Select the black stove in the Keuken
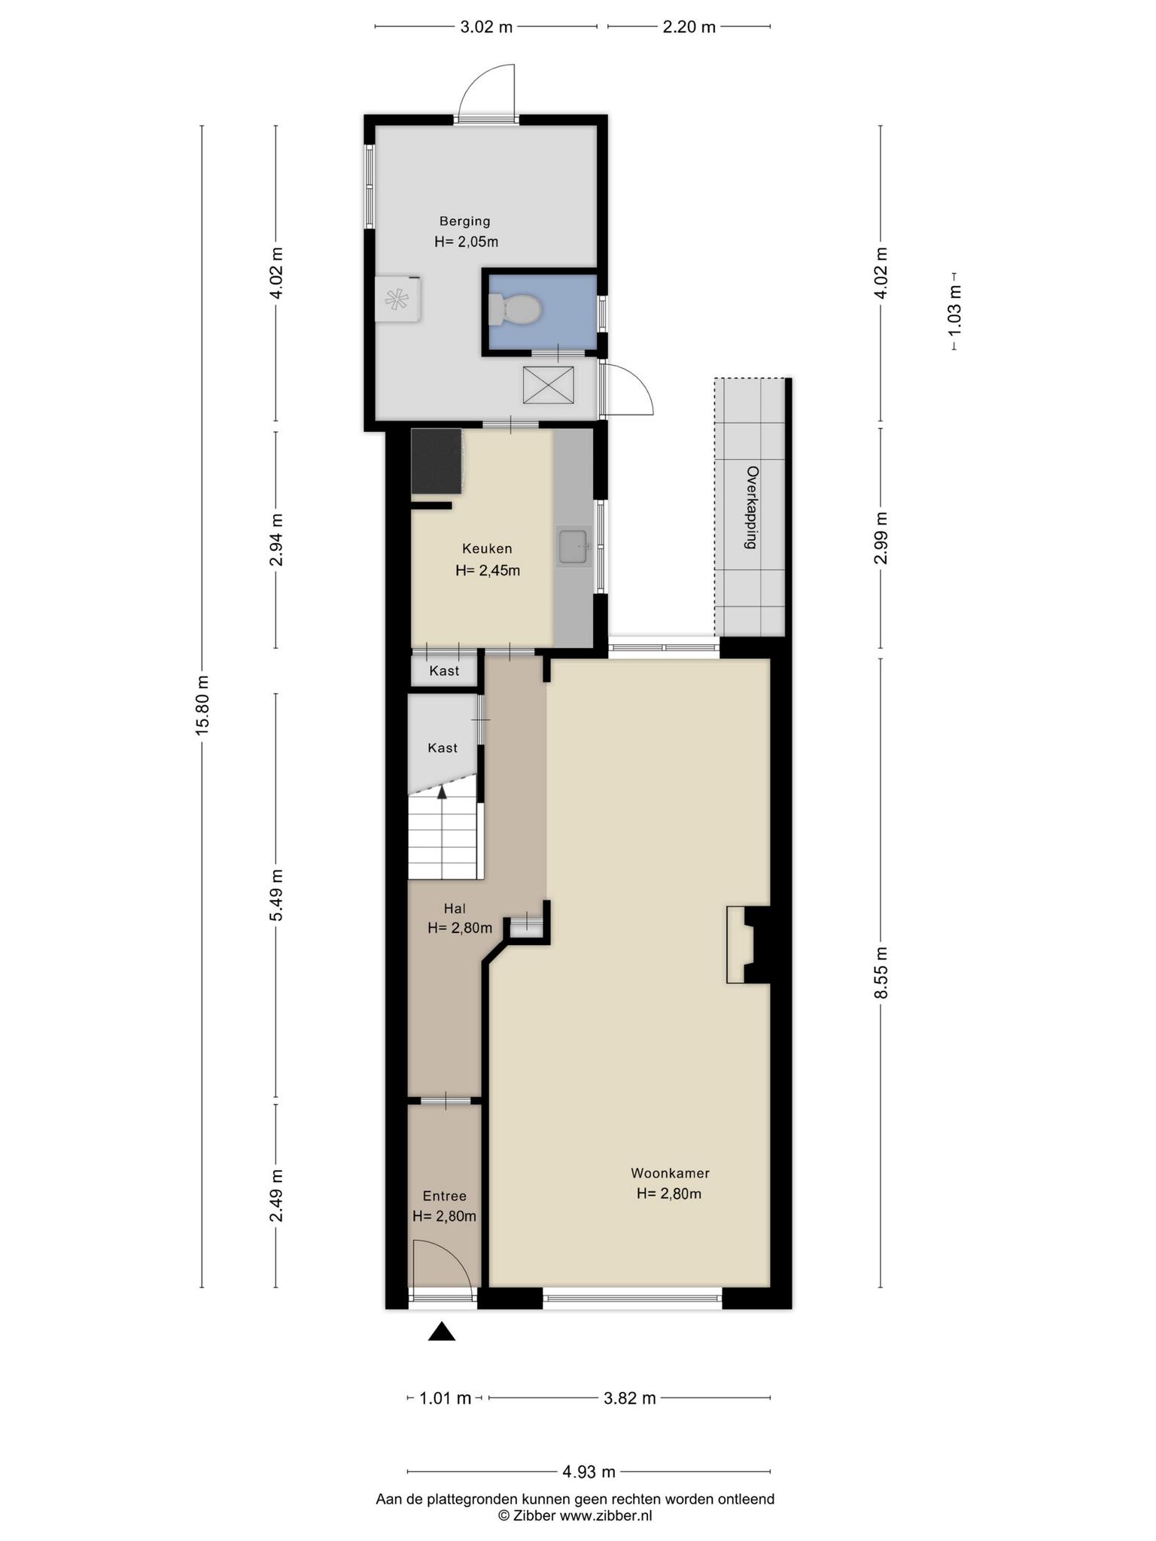pyautogui.click(x=437, y=461)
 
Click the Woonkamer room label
pyautogui.click(x=670, y=1172)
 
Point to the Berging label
pyautogui.click(x=465, y=221)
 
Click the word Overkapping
pyautogui.click(x=752, y=507)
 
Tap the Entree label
pyautogui.click(x=445, y=1196)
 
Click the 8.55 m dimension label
pyautogui.click(x=881, y=972)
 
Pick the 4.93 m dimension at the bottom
pyautogui.click(x=589, y=1471)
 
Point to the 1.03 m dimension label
pyautogui.click(x=954, y=310)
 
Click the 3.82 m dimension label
pyautogui.click(x=630, y=1398)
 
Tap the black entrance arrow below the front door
pyautogui.click(x=442, y=1332)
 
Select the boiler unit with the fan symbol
pyautogui.click(x=397, y=299)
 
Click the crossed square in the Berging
pyautogui.click(x=548, y=385)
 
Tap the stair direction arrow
pyautogui.click(x=442, y=791)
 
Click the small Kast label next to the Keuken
pyautogui.click(x=444, y=670)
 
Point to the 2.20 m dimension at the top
pyautogui.click(x=689, y=27)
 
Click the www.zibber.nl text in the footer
pyautogui.click(x=606, y=1515)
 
